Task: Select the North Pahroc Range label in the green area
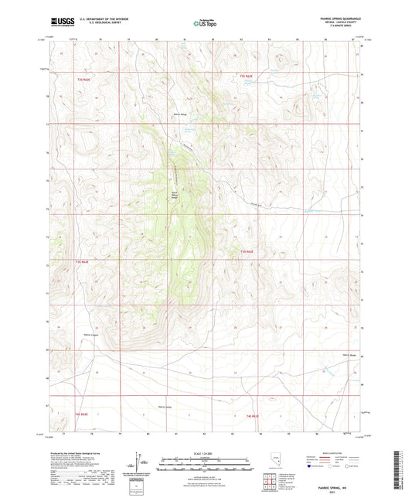[x=175, y=196]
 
